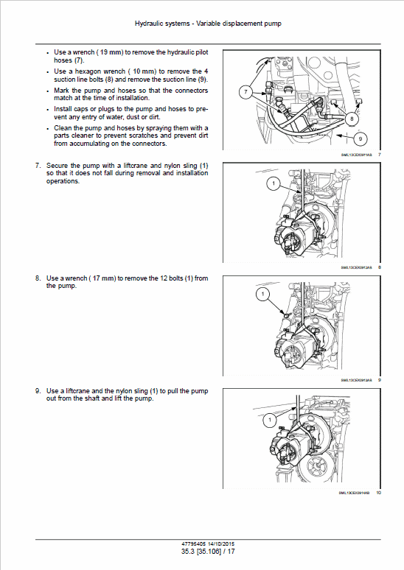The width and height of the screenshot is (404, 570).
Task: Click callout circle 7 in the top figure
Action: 245,92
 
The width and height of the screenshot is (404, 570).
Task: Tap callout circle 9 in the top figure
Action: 361,137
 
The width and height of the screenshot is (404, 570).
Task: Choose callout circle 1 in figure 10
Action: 269,419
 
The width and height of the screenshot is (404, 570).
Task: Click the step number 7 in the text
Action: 38,166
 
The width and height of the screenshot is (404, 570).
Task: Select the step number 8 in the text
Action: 38,278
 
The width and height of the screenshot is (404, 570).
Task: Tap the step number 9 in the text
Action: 38,390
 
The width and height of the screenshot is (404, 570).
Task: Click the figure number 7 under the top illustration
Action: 379,155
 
